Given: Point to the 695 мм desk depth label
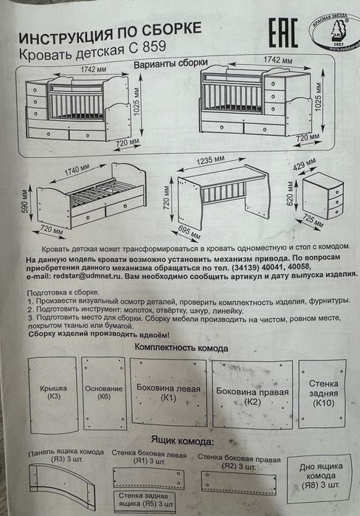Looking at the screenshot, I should (189, 235).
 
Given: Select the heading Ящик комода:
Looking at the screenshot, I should (180, 441).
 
